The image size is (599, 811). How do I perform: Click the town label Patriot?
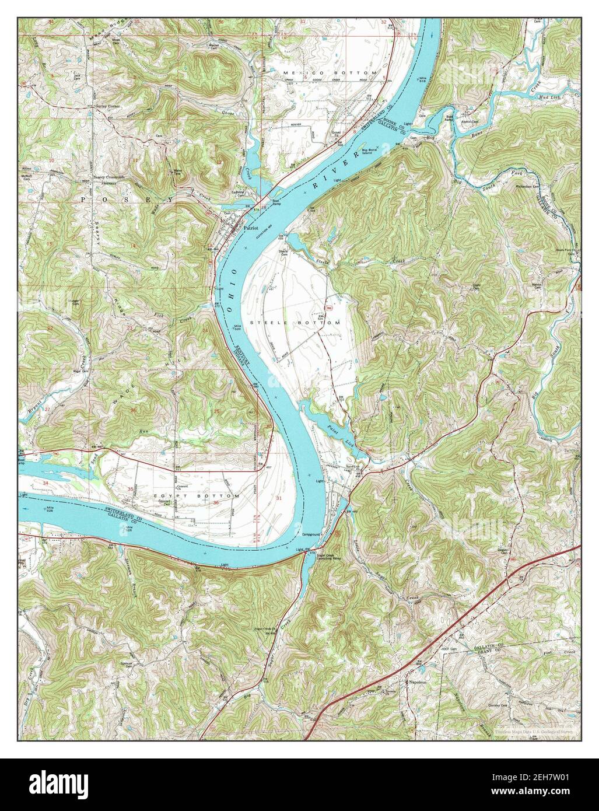tap(251, 229)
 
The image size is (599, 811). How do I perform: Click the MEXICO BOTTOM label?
tap(330, 72)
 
